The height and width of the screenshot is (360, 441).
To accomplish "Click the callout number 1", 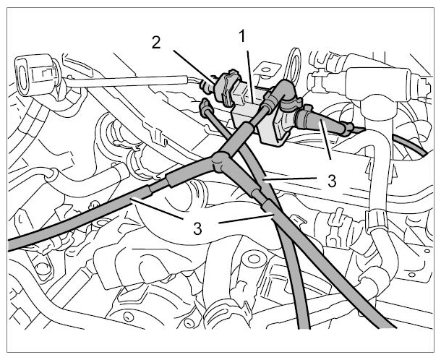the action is tap(242, 37).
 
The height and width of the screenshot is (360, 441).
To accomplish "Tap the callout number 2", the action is tap(156, 43).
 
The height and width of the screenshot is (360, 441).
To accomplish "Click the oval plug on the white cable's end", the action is tap(25, 74).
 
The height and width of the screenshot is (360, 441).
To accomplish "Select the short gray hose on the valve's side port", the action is tap(320, 121).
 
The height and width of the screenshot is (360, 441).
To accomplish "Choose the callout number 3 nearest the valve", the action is tap(332, 181).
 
